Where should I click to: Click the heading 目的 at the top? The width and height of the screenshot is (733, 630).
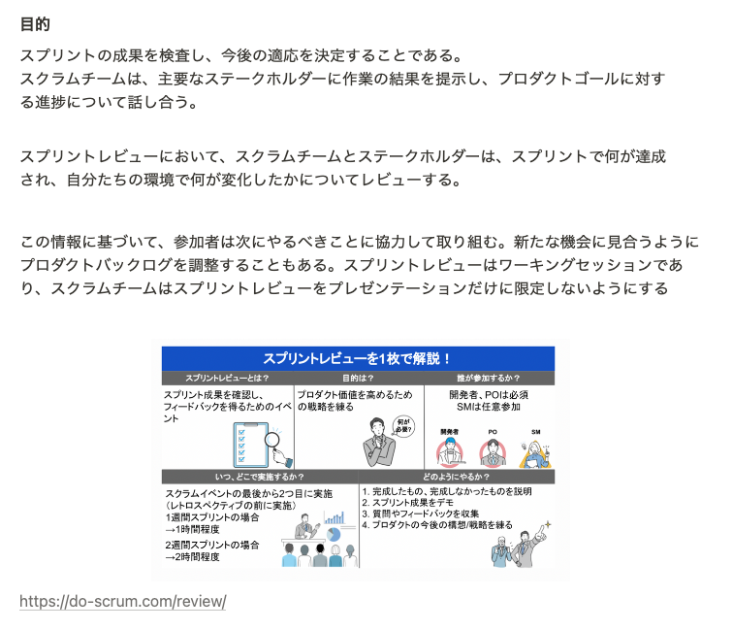[35, 24]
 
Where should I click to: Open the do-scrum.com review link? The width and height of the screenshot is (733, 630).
[122, 602]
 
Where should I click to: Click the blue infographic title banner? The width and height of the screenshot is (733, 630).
[358, 358]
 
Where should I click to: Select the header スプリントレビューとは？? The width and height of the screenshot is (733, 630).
[227, 379]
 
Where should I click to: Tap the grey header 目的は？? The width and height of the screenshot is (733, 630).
[358, 379]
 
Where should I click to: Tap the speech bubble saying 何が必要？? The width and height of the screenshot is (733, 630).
[403, 426]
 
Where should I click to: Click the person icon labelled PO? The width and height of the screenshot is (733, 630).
[493, 451]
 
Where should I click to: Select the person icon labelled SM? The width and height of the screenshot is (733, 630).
[534, 451]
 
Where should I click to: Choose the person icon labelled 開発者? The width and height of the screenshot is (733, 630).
[449, 452]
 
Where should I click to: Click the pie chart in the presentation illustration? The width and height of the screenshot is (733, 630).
[335, 534]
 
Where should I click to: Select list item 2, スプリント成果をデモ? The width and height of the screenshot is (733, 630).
[413, 503]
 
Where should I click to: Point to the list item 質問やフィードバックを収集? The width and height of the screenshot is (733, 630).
[423, 514]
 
